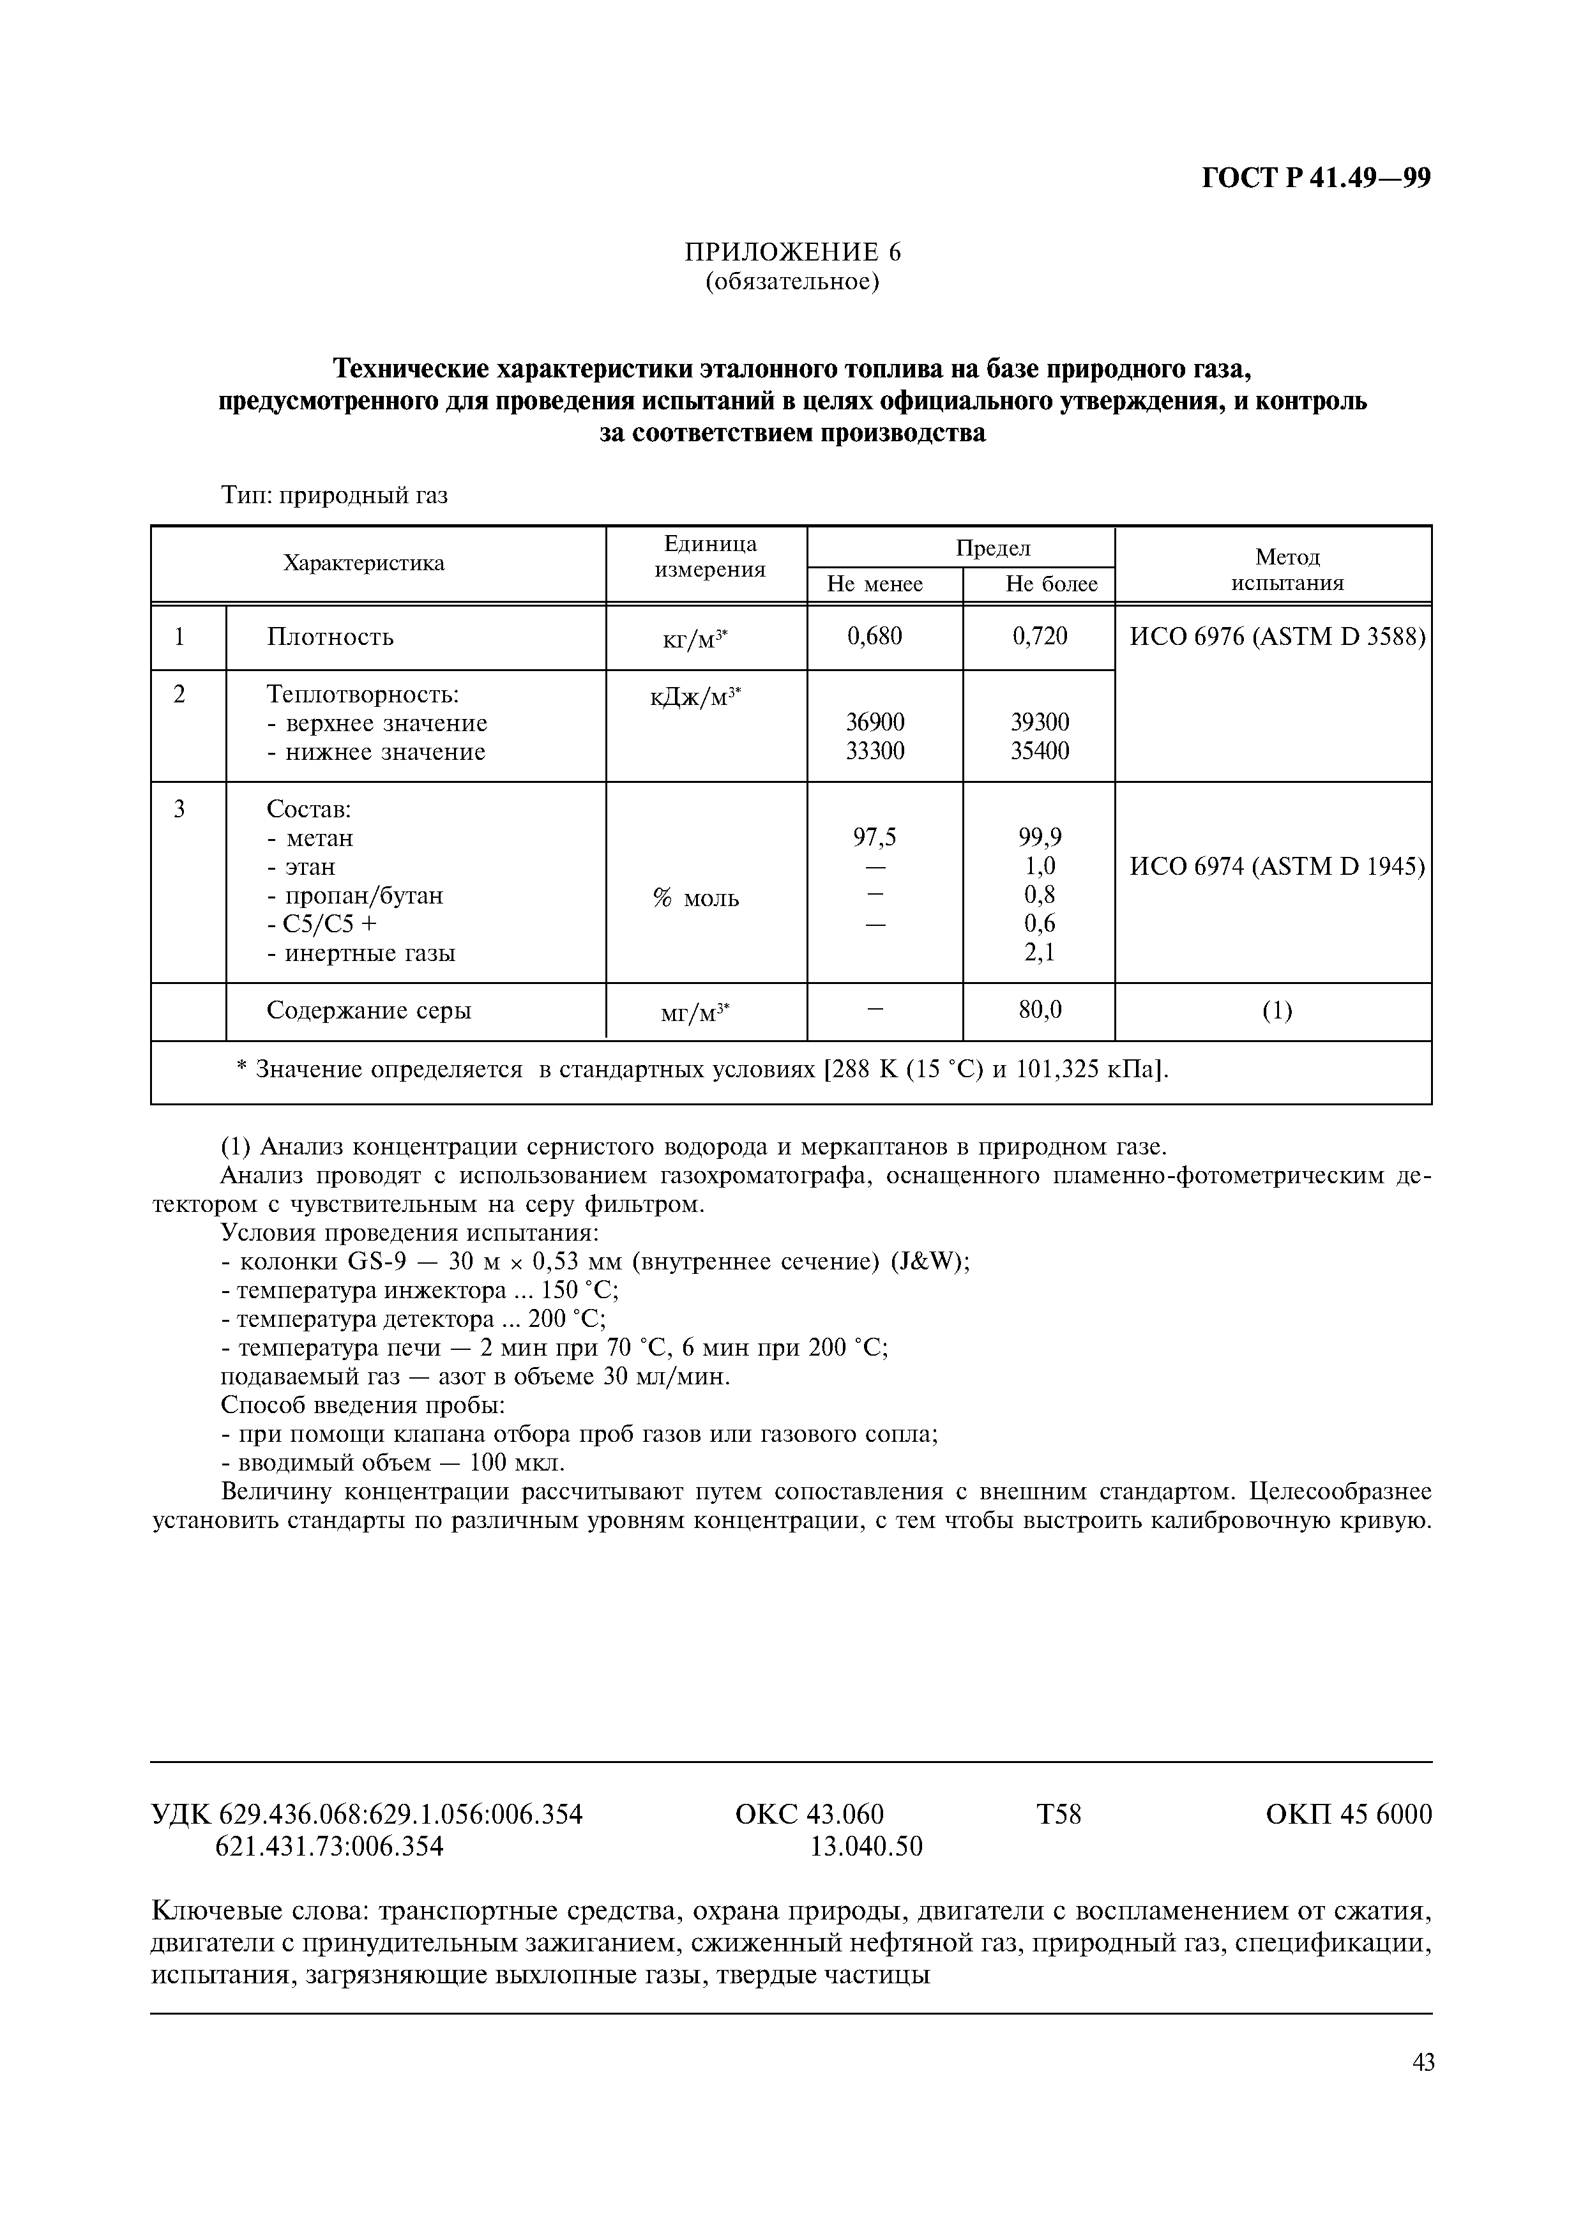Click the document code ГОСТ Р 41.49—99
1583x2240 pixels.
coord(1315,179)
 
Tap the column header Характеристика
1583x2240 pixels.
coord(364,563)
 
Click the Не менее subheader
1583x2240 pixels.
coord(875,584)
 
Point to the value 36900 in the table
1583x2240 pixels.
coord(875,722)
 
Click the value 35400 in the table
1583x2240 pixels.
coord(1040,751)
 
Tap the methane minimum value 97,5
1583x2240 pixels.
coord(875,837)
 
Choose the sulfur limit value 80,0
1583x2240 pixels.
coord(1040,1010)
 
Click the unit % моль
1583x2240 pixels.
coord(695,898)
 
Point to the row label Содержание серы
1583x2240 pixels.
coord(368,1011)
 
